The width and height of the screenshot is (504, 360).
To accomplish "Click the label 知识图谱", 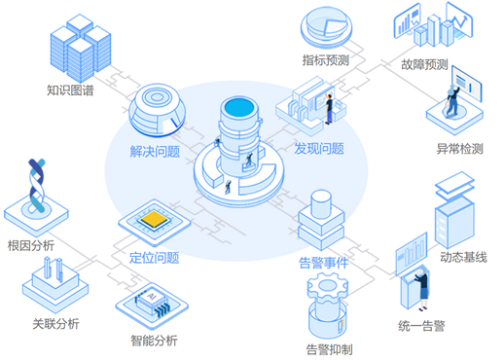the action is tap(70, 90).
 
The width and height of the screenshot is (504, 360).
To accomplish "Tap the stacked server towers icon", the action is tap(81, 48).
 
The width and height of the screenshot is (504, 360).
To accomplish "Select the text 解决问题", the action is tap(155, 151).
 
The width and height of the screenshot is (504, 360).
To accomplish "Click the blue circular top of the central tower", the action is tap(239, 107).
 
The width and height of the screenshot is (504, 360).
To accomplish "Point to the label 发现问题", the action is tap(319, 149).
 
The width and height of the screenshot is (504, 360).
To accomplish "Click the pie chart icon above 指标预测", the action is tap(326, 27).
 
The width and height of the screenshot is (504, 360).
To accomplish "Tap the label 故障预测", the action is tap(424, 64).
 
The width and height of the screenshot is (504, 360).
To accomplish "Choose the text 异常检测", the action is tap(460, 149).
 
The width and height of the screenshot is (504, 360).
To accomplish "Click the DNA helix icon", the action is tap(36, 185).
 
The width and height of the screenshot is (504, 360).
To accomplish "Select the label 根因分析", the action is tap(31, 245).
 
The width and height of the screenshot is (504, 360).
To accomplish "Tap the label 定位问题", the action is tap(155, 258).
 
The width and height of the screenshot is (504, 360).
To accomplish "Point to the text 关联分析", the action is tap(55, 324).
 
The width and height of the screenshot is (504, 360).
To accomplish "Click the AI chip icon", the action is tap(152, 303).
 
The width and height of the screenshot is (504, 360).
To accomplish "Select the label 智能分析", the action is tap(154, 341).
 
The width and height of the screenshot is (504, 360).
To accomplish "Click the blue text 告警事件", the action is tap(324, 263).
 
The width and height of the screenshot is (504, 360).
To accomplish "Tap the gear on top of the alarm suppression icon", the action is tap(328, 286).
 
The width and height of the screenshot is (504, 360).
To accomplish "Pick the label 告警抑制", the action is tap(330, 350).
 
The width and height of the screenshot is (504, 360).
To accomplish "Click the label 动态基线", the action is tap(463, 257).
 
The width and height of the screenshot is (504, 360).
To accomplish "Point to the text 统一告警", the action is tap(421, 326).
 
